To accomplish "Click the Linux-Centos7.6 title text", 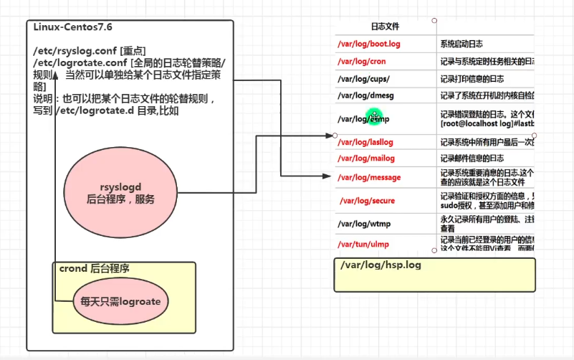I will [x=72, y=27].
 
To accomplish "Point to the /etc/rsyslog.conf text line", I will [x=89, y=52].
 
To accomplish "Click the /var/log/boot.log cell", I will [x=369, y=44].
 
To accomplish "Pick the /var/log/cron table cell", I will [x=362, y=62].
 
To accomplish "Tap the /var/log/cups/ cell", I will [x=363, y=79].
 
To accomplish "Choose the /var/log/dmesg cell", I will [x=367, y=95].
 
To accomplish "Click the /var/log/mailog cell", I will [x=366, y=158].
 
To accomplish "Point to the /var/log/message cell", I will [x=369, y=177].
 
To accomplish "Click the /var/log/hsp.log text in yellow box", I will [x=381, y=265].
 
